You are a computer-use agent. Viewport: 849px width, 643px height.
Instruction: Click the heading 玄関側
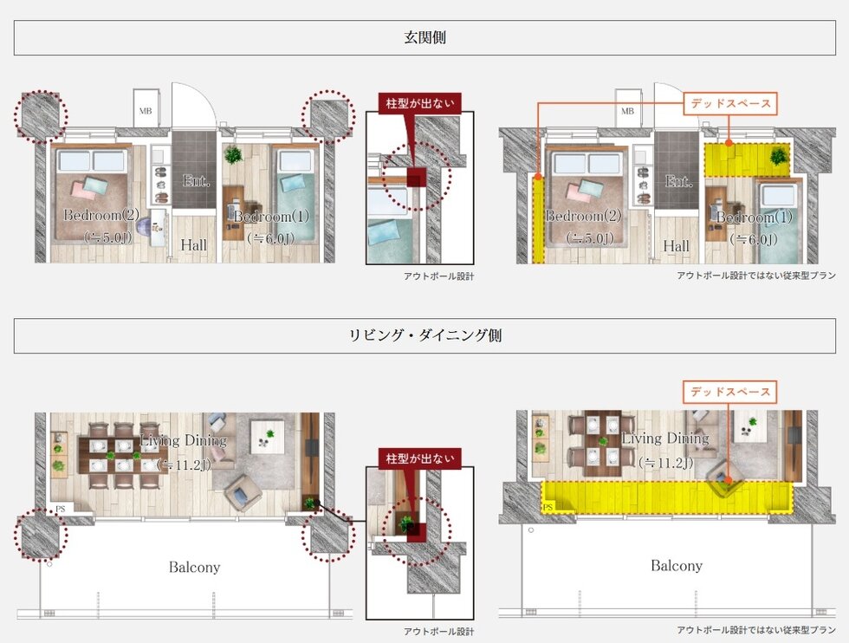pos(424,38)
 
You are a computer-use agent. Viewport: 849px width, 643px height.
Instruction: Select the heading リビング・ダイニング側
pos(424,336)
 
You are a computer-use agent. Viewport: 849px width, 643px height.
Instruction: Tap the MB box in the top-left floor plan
pos(145,111)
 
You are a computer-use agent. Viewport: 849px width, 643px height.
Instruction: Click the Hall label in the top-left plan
pos(193,245)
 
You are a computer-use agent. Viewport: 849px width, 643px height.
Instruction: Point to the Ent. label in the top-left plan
pos(194,180)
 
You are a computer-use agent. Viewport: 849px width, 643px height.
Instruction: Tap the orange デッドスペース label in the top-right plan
pos(729,103)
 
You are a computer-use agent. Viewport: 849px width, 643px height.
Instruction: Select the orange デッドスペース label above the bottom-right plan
pos(729,392)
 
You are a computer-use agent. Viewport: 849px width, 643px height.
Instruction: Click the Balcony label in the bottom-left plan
pos(194,568)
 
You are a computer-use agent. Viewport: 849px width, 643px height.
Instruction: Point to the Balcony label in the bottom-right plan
pos(677,565)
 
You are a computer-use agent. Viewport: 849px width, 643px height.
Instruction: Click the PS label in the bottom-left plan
pos(60,510)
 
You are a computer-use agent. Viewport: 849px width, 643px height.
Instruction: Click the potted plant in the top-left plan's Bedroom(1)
pos(233,155)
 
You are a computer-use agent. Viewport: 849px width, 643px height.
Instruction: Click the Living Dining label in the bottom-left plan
pos(183,440)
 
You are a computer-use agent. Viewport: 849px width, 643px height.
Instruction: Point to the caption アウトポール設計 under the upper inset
pos(438,276)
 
